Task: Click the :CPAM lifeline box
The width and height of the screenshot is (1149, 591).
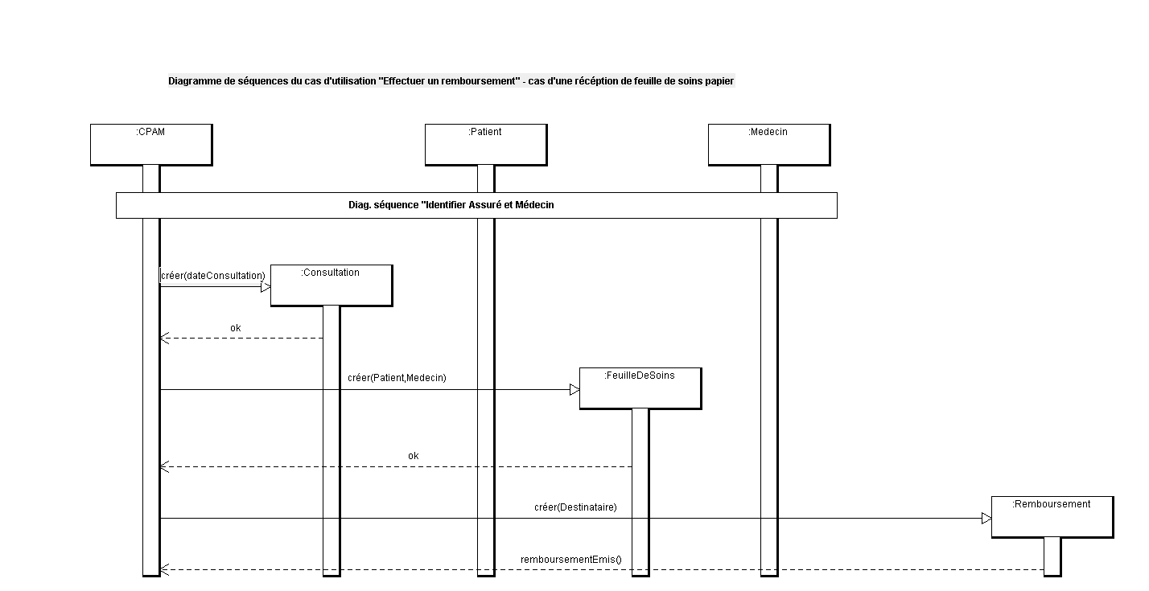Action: click(x=151, y=145)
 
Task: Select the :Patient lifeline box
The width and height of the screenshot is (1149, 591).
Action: click(x=486, y=145)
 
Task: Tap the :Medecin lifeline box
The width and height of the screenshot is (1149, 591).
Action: click(x=769, y=145)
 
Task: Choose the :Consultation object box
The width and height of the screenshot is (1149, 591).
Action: click(x=332, y=285)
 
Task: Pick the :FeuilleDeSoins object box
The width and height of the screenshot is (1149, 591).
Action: click(x=640, y=388)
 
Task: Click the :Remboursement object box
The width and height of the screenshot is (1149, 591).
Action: click(x=1052, y=517)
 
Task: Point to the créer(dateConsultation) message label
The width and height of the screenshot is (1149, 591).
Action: click(x=213, y=276)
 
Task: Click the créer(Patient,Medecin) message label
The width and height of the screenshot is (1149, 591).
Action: click(x=397, y=378)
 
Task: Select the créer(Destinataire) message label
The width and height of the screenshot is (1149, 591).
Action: click(x=575, y=507)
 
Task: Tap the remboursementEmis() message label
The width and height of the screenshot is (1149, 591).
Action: click(x=571, y=559)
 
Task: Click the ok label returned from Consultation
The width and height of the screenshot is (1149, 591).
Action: click(x=236, y=328)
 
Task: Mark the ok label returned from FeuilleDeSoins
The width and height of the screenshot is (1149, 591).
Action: click(x=414, y=456)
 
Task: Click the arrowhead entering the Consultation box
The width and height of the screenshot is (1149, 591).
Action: click(x=266, y=287)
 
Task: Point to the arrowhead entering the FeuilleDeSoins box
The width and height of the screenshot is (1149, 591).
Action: click(x=574, y=390)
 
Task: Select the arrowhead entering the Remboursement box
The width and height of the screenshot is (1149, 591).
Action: click(x=986, y=519)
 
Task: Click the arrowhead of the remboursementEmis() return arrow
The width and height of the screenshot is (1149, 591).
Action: click(x=164, y=570)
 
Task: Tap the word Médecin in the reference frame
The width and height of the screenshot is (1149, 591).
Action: click(x=534, y=205)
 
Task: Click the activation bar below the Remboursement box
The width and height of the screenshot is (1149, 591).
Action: click(x=1052, y=556)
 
